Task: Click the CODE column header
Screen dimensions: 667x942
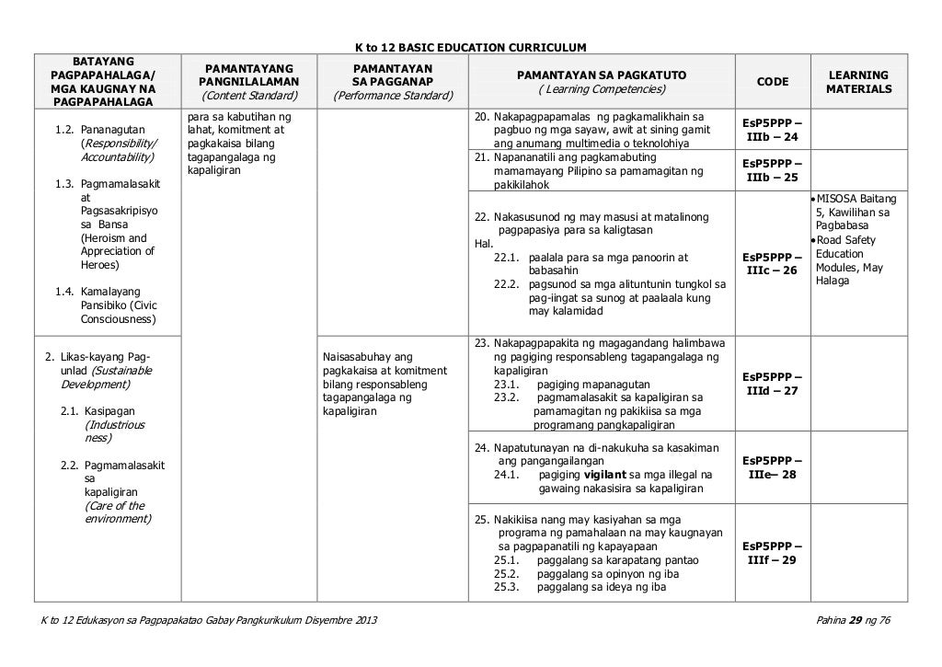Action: tap(772, 82)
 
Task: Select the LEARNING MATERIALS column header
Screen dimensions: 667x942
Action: tap(858, 82)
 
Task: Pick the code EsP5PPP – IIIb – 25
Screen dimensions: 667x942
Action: tap(772, 170)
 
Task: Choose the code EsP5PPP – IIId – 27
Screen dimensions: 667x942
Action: tap(772, 384)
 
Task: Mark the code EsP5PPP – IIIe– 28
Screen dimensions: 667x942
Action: tap(772, 467)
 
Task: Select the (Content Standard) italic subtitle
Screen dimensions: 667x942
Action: tap(249, 96)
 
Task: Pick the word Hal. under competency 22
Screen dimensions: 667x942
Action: tap(482, 245)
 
